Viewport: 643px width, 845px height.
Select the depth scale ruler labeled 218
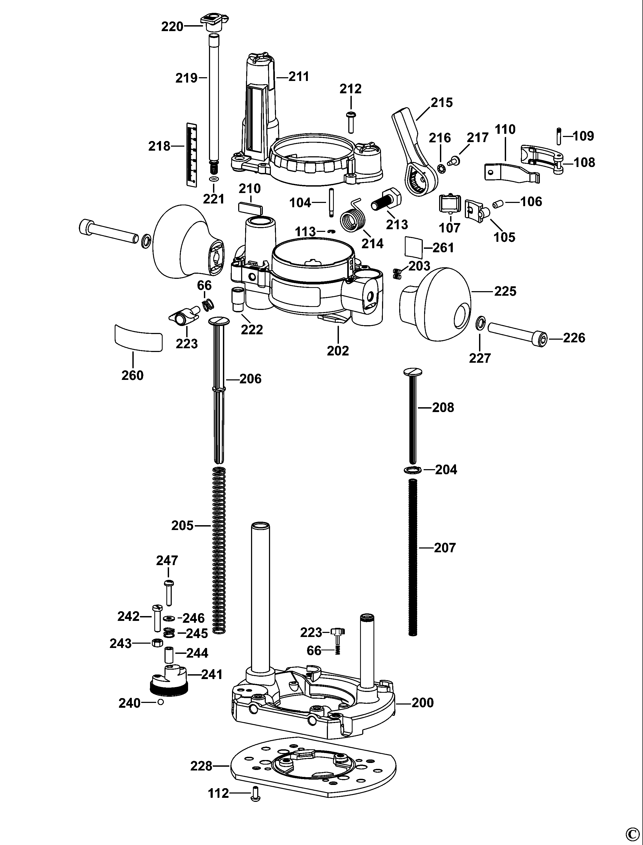pos(192,155)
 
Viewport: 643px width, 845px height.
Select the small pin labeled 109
pos(559,136)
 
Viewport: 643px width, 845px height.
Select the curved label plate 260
pos(138,337)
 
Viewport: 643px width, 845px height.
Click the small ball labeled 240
pos(160,702)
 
